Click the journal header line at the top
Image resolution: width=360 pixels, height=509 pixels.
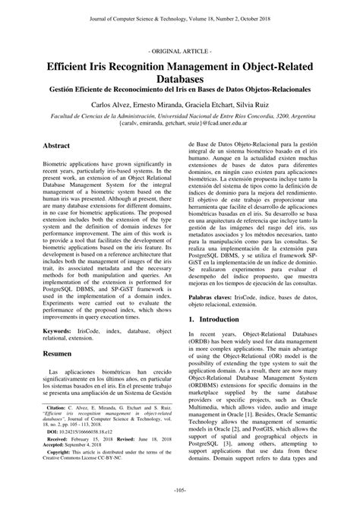(x=180, y=8)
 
